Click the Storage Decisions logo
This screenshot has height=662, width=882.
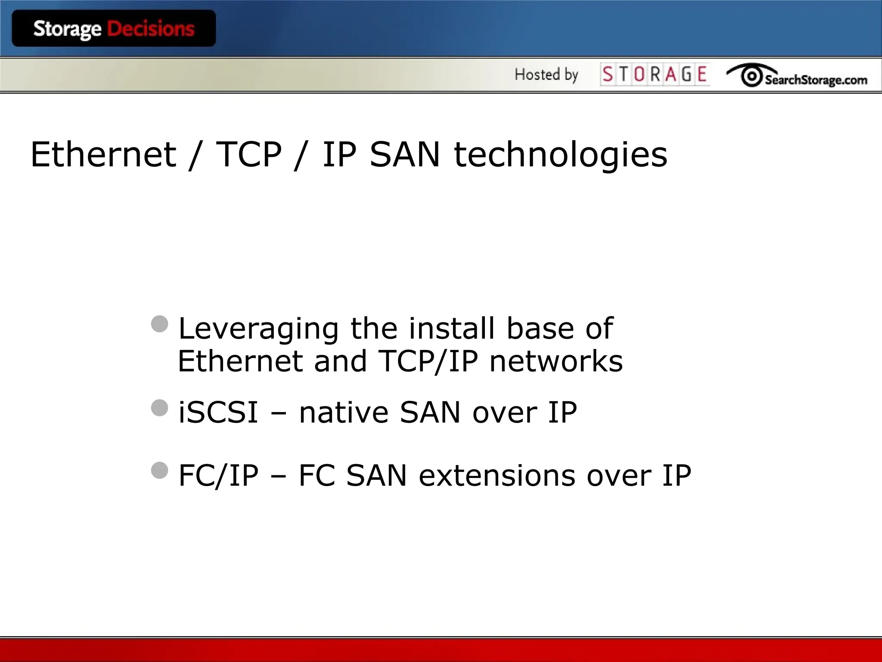pos(114,28)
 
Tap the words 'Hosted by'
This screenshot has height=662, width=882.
pos(546,75)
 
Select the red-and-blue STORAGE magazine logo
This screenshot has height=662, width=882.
pos(655,75)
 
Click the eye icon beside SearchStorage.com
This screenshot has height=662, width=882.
pos(752,76)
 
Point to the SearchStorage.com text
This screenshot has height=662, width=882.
pos(816,80)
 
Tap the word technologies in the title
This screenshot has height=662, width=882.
pos(561,155)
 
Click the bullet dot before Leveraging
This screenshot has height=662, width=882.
pos(160,324)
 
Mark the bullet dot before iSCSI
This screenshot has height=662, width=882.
pos(160,408)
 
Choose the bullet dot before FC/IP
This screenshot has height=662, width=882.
pos(160,471)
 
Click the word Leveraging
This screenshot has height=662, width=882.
pos(258,329)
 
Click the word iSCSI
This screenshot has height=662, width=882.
pos(218,412)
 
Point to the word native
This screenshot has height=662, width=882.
pos(344,412)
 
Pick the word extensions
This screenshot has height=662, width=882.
pos(497,476)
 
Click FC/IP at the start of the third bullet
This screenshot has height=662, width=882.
pos(218,476)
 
